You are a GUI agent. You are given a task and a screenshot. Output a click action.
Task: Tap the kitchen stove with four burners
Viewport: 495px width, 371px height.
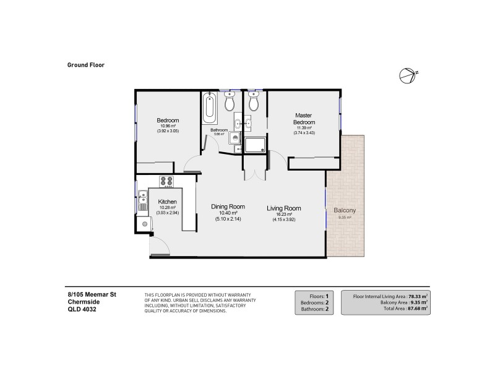coord(166,181)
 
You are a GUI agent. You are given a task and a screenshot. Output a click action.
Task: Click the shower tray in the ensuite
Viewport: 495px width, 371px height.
coord(254,145)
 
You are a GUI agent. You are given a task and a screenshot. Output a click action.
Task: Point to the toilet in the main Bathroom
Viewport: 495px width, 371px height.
coord(230,101)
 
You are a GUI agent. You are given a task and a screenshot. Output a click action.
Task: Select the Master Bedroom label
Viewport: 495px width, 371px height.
coord(303,119)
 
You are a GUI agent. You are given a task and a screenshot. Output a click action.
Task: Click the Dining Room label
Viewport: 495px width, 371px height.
coord(228,207)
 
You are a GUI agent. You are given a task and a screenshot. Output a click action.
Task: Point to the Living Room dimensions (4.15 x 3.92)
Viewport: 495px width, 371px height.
coord(283,220)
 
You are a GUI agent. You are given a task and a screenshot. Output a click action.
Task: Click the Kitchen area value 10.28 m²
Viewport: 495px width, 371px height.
coord(168,207)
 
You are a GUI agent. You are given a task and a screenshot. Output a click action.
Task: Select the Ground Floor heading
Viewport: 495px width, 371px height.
coord(85,63)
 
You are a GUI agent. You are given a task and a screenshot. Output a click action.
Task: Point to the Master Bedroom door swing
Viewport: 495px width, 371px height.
coord(278,161)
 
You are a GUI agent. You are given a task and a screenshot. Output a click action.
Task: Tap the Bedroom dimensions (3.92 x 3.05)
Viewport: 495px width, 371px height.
coord(168,131)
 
